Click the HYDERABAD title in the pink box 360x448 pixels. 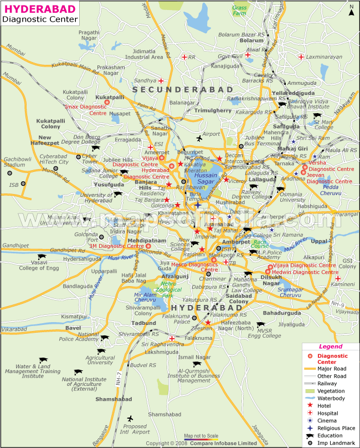pos(36,8)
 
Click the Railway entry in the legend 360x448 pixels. pos(327,383)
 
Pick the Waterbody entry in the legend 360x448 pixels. pos(332,398)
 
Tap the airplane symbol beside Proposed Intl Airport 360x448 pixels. pos(130,419)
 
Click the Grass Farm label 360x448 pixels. pos(240,11)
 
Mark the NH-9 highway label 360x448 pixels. pos(338,304)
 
